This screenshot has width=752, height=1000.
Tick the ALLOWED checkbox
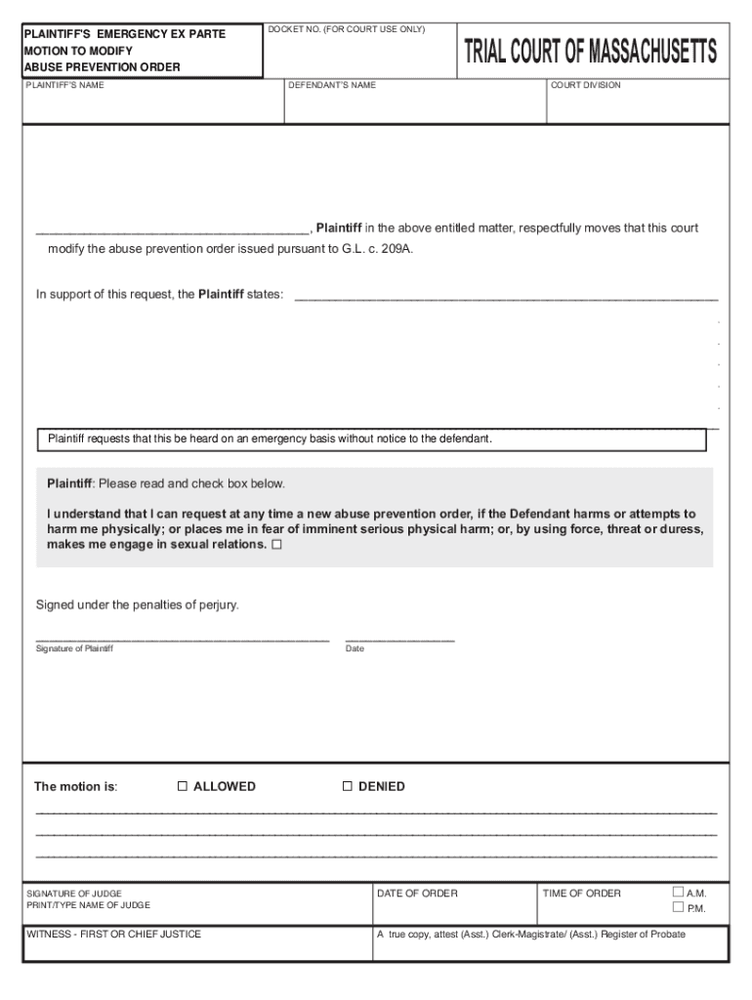tap(182, 786)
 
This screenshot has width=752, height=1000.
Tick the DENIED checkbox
tap(347, 786)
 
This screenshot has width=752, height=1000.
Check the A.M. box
tap(679, 892)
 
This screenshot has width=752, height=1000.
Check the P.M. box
tap(679, 907)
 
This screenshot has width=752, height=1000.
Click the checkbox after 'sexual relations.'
tap(276, 545)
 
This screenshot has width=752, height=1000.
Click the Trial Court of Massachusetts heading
tap(590, 51)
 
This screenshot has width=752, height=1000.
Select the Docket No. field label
tap(347, 29)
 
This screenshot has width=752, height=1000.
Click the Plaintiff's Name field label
tap(64, 85)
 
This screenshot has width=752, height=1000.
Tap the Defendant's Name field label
tap(332, 85)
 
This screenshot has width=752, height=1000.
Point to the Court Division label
tap(585, 85)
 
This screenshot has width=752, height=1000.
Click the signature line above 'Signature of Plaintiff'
tap(182, 639)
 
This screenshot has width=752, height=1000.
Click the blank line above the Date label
tap(399, 639)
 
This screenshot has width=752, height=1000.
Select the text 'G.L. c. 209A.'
tap(377, 249)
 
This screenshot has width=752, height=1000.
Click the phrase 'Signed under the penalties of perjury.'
tap(138, 604)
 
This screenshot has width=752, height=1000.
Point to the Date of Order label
tap(417, 893)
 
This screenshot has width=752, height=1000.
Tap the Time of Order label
tap(581, 893)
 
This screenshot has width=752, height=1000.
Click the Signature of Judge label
tap(74, 893)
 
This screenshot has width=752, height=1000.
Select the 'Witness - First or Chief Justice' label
tap(113, 935)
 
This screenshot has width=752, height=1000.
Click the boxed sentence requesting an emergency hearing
tap(271, 438)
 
